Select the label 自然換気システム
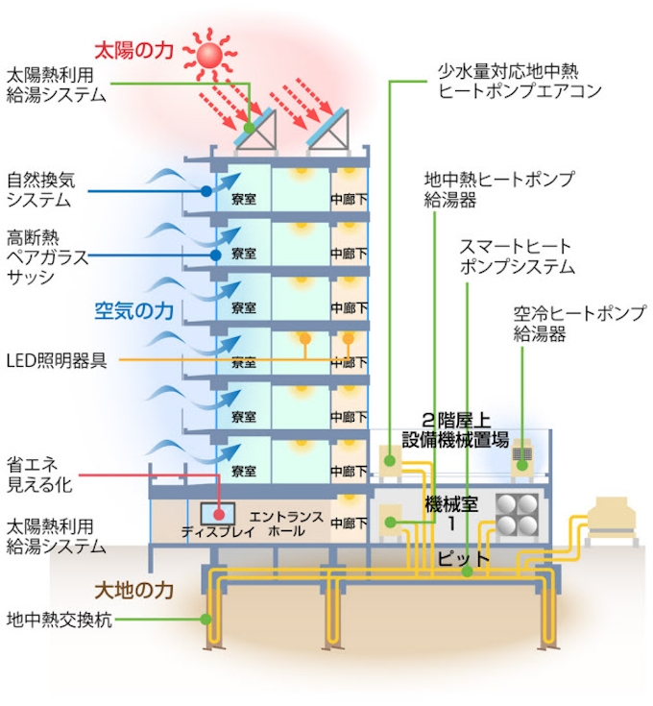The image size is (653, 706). [x=47, y=189]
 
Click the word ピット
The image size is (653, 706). [x=464, y=557]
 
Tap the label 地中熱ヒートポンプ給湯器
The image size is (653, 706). [x=498, y=189]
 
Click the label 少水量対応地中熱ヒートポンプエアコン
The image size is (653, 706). [x=520, y=82]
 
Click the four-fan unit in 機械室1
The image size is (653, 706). [x=519, y=515]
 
